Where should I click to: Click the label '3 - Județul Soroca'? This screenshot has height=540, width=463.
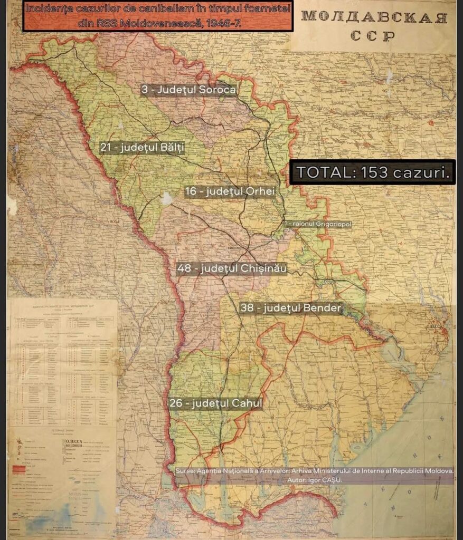188,90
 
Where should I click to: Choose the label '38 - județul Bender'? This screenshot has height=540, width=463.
290,307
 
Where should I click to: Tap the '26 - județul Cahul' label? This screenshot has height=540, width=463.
216,403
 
